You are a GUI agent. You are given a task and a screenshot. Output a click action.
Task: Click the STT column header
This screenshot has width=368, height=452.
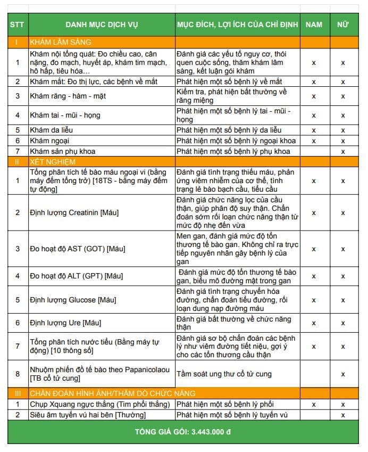coord(17,25)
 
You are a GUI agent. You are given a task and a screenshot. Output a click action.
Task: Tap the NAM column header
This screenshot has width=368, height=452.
coord(314,25)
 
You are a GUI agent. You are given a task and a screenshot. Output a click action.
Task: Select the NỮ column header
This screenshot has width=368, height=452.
coord(343,25)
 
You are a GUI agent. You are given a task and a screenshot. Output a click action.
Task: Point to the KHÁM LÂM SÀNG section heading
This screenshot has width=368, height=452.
coord(61,42)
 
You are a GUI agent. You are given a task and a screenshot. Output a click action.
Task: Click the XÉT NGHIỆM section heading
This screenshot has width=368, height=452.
coord(53,161)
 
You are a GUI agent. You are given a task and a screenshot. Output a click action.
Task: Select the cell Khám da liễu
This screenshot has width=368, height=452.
coord(52,130)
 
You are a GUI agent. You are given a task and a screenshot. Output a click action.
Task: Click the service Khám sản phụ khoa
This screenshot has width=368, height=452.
coord(63,151)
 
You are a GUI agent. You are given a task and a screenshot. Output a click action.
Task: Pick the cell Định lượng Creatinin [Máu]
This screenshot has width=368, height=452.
coord(74,212)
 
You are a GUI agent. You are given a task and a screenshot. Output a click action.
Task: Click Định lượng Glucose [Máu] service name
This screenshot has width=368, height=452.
coord(73,300)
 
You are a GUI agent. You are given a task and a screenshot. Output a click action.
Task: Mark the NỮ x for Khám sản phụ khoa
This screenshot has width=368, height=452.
coord(343,151)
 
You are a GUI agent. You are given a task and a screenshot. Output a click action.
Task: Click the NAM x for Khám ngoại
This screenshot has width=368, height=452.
coord(314,141)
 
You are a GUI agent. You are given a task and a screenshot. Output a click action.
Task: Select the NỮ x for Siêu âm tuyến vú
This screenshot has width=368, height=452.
coord(343,415)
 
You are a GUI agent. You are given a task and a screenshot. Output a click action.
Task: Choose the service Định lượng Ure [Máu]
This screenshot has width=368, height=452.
coord(65,323)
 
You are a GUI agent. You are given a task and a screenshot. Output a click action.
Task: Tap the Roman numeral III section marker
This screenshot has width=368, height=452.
coord(17,393)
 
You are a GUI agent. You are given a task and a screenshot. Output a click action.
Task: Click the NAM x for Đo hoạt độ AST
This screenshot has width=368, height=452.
coord(314,249)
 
